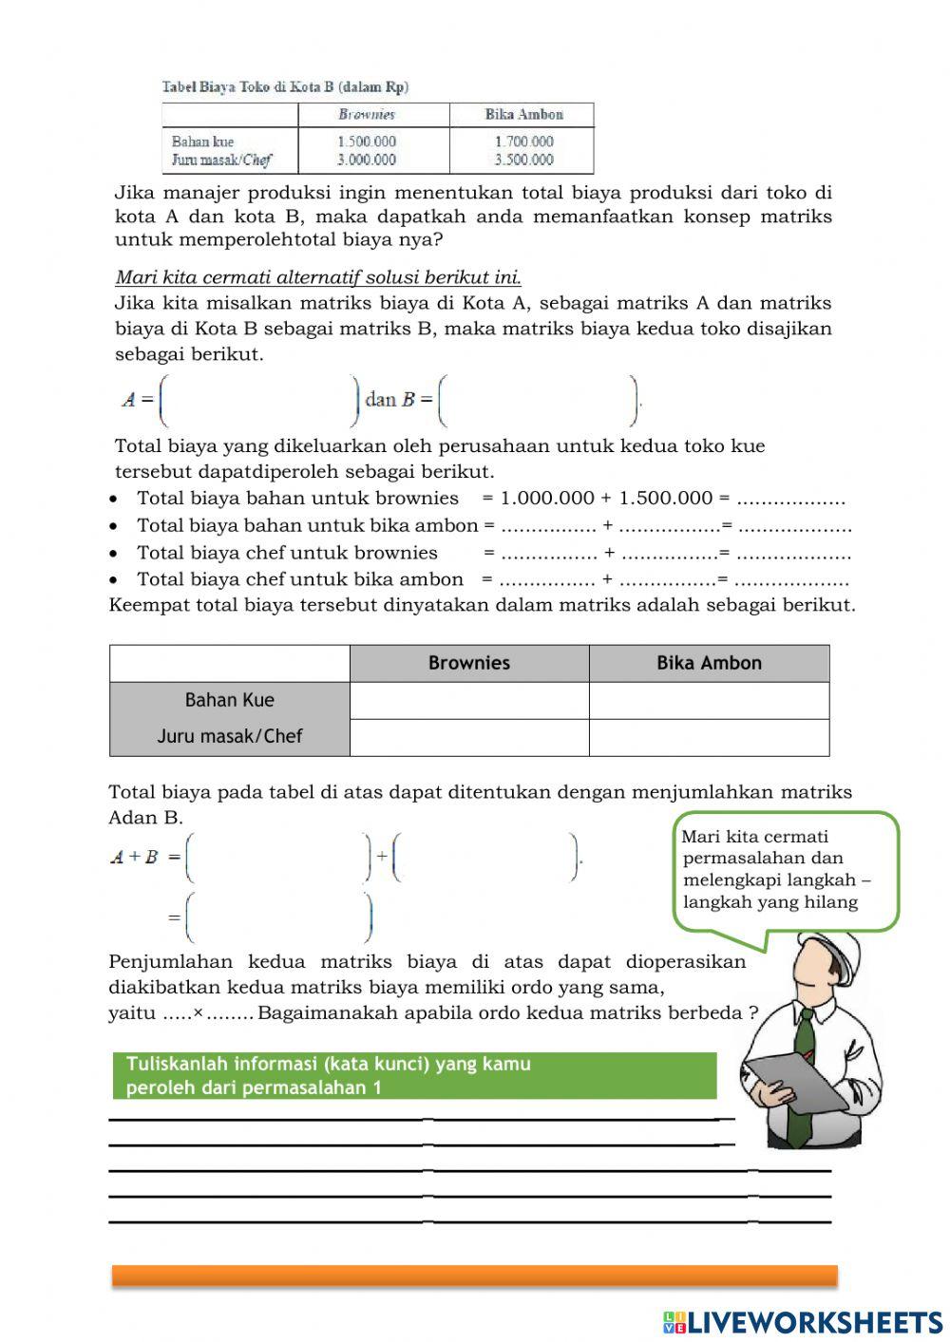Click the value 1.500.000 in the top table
tap(366, 142)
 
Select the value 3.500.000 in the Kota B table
tap(523, 160)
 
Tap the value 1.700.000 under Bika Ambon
tap(523, 142)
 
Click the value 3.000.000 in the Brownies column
tap(366, 160)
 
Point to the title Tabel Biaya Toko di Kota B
tap(285, 87)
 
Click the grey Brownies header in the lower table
tap(469, 663)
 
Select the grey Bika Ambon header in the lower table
tap(709, 663)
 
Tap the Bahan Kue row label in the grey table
tap(229, 700)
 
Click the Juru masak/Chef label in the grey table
tap(229, 736)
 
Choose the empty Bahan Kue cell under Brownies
tap(469, 701)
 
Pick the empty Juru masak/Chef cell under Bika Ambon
tap(709, 737)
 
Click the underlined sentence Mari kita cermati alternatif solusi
tap(317, 277)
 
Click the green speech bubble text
tap(776, 869)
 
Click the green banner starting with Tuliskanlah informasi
tap(414, 1075)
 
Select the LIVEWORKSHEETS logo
tap(803, 1321)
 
